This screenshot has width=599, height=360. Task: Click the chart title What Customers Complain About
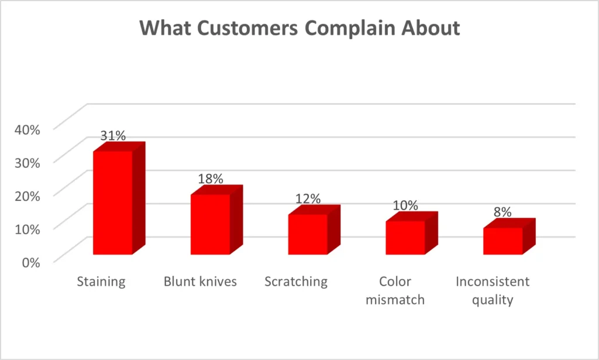pyautogui.click(x=299, y=28)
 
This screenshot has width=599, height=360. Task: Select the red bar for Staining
pyautogui.click(x=112, y=203)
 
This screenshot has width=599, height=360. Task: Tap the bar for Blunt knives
pyautogui.click(x=210, y=224)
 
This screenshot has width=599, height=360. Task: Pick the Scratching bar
pyautogui.click(x=308, y=234)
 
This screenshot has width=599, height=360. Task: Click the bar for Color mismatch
pyautogui.click(x=405, y=238)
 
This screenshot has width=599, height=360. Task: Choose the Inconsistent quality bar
pyautogui.click(x=502, y=241)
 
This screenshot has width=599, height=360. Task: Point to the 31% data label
pyautogui.click(x=112, y=135)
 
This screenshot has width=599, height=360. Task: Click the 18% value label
pyautogui.click(x=210, y=179)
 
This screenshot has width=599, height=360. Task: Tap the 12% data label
pyautogui.click(x=308, y=198)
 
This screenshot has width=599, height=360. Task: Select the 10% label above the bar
pyautogui.click(x=405, y=205)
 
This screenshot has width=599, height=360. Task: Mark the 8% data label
pyautogui.click(x=502, y=212)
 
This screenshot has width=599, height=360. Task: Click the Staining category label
pyautogui.click(x=101, y=282)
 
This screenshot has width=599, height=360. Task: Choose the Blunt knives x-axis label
pyautogui.click(x=200, y=282)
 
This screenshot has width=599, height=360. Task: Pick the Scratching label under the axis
pyautogui.click(x=296, y=282)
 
